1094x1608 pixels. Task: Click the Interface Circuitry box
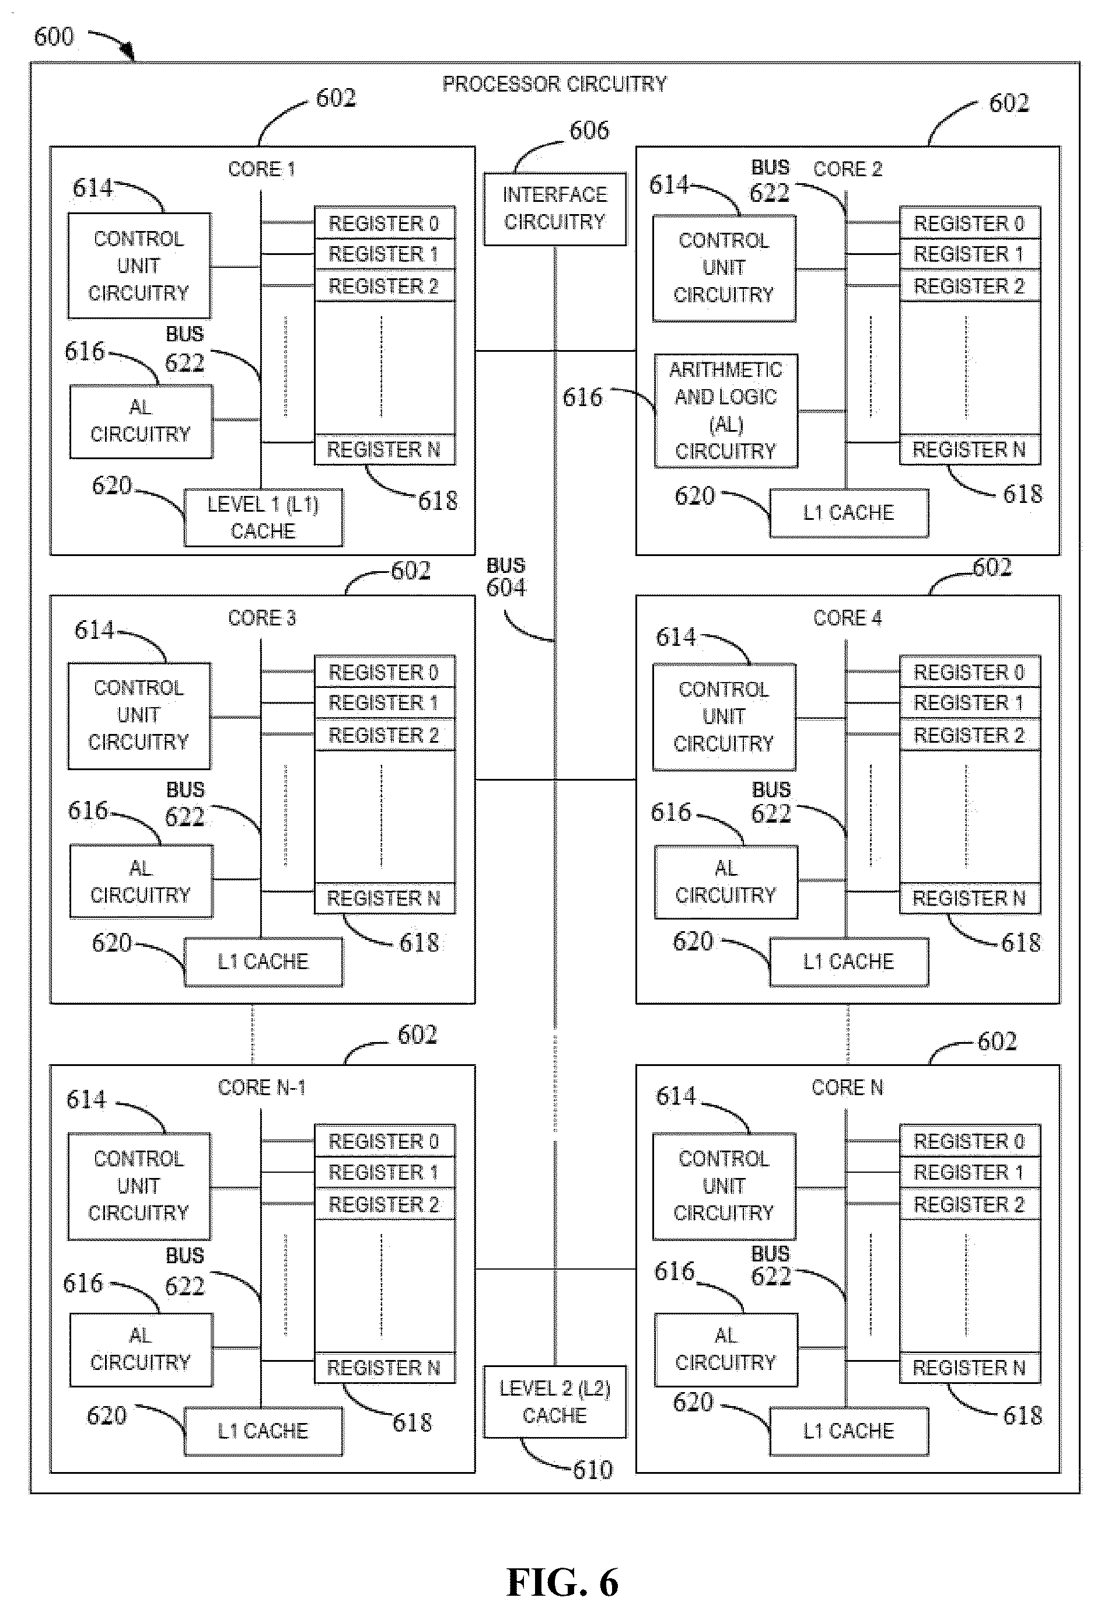coord(554,209)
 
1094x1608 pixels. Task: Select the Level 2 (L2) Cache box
coord(554,1402)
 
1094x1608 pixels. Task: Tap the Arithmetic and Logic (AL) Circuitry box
coord(726,411)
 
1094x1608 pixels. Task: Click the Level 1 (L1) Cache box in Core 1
coord(263,518)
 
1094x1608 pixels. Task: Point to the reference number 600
coord(54,37)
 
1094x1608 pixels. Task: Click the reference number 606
coord(589,130)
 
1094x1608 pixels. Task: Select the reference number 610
coord(592,1469)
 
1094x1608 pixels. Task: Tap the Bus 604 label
coord(506,577)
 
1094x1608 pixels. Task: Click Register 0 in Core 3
coord(384,671)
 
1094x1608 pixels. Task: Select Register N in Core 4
coord(969,898)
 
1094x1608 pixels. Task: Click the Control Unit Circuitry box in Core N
coord(724,1186)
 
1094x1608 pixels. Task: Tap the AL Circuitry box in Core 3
coord(141,882)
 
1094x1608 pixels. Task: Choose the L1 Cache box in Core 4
coord(849,962)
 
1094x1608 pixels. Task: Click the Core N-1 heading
coord(261,1088)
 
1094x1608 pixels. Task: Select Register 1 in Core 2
coord(969,254)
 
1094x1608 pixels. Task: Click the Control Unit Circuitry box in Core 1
coord(139,265)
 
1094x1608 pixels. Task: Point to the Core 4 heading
coord(848,618)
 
